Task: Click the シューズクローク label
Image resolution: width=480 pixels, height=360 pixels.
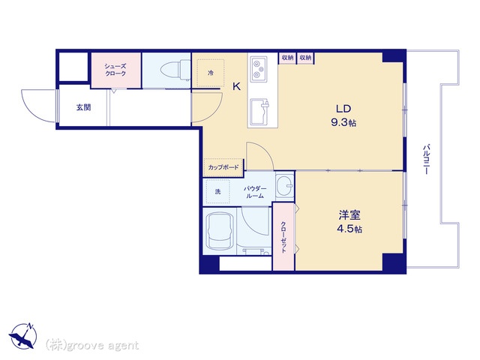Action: coord(115,70)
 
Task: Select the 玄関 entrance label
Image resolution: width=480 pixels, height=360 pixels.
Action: coord(83,107)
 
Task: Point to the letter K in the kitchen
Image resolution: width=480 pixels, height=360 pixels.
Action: coord(237,87)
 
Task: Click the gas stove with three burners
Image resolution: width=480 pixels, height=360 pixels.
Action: coord(259,69)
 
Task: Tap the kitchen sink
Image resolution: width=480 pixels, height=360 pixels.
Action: coord(259,112)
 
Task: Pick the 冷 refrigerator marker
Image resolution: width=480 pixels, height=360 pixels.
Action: coord(211,73)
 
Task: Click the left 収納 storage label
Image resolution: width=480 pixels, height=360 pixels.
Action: coord(287,58)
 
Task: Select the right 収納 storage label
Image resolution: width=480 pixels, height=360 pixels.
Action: coord(305,58)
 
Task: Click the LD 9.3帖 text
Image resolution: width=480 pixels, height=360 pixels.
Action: coord(343,115)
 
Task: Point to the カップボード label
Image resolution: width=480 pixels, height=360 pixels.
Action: coord(223,167)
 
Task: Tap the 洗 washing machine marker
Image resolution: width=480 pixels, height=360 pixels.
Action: coord(217,192)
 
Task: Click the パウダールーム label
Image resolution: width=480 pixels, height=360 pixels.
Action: coord(255,192)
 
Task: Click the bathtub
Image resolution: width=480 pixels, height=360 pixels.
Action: coord(220,232)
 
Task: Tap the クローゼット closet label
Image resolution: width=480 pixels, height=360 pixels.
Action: coord(283,237)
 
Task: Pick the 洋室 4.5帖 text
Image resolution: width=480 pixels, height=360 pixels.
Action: coord(349,222)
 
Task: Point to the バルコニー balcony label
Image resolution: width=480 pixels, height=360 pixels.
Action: coord(427,159)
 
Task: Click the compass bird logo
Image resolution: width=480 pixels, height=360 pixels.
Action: coord(22,336)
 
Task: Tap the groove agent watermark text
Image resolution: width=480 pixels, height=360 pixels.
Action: coord(92,346)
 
